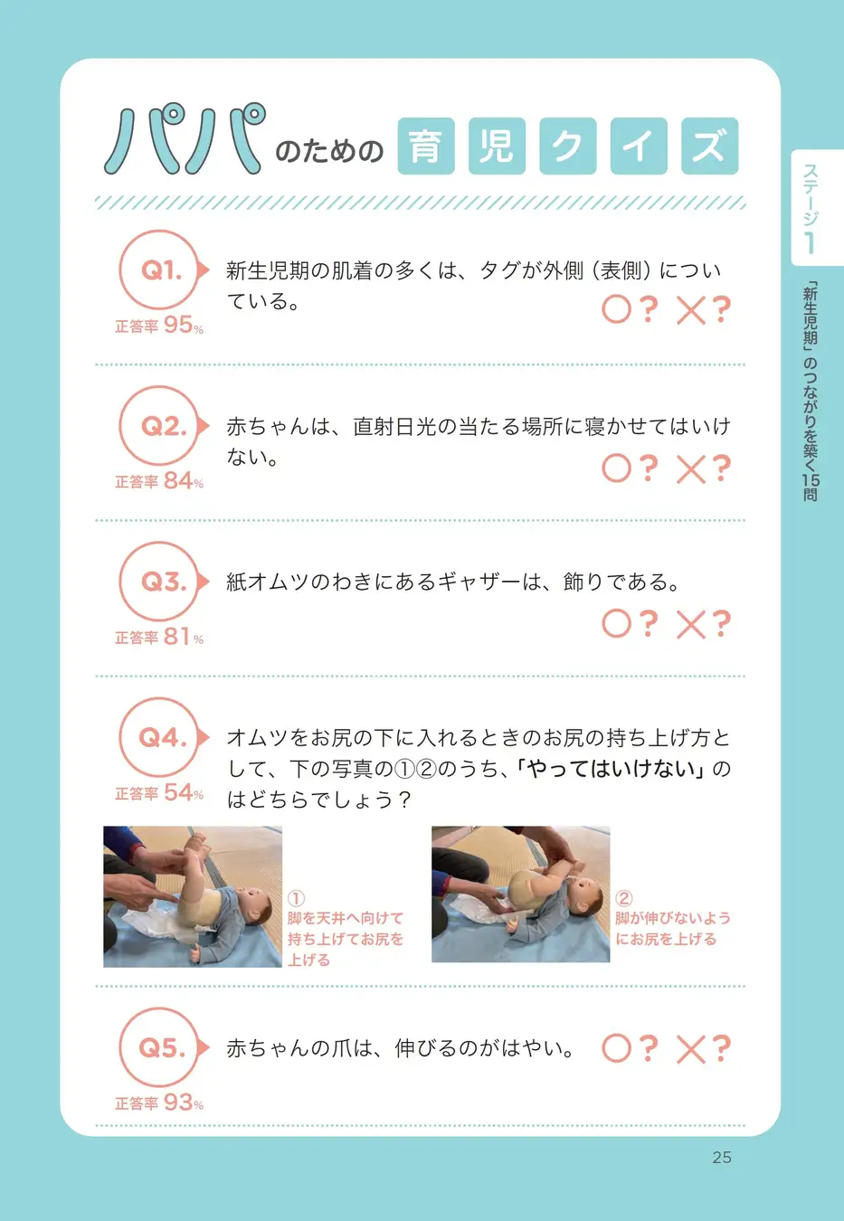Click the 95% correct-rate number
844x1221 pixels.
184,326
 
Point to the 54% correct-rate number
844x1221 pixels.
184,793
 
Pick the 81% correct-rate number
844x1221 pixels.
184,637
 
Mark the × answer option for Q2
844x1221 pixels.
691,469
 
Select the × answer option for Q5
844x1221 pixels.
691,1049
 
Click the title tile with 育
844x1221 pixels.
426,146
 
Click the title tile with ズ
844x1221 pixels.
709,146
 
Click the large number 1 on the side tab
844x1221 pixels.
811,243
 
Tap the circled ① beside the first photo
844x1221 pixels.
296,898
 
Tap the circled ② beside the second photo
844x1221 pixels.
624,897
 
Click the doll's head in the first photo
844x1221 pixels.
255,910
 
